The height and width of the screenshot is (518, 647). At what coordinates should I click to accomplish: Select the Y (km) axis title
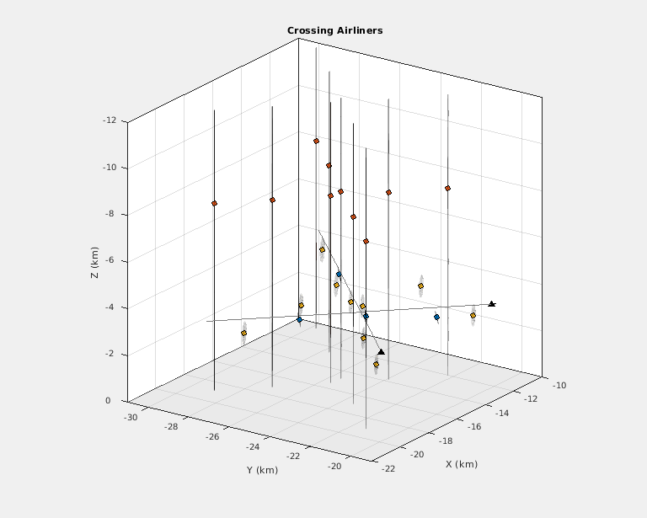coord(257,469)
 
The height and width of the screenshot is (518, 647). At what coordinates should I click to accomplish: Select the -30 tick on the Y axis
coord(131,417)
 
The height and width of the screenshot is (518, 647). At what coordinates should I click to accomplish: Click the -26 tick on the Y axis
coord(211,436)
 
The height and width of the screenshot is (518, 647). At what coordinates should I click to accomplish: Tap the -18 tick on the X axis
coord(448,441)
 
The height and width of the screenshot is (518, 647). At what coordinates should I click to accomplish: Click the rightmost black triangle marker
coord(492,304)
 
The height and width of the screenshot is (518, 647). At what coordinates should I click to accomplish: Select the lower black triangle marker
coord(381,352)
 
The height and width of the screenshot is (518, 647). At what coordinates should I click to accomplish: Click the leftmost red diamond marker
coord(215,203)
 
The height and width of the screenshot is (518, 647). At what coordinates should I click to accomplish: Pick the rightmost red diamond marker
coord(447,188)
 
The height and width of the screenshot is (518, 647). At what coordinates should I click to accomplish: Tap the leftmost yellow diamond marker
coord(243,334)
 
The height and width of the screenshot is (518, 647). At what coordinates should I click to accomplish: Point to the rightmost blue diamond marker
coord(436,318)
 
